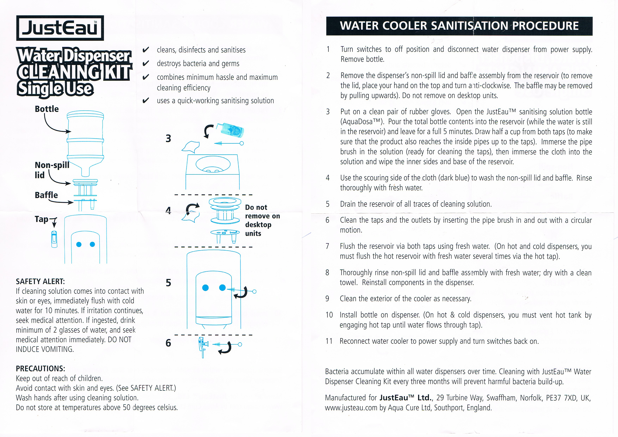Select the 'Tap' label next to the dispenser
tap(41, 219)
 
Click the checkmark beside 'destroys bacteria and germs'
tap(146, 64)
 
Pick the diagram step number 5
tap(168, 283)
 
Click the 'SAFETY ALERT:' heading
tap(40, 281)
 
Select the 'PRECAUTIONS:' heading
tap(40, 369)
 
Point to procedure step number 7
tap(327, 246)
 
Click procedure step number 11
tap(329, 341)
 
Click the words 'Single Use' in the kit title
tap(55, 89)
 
